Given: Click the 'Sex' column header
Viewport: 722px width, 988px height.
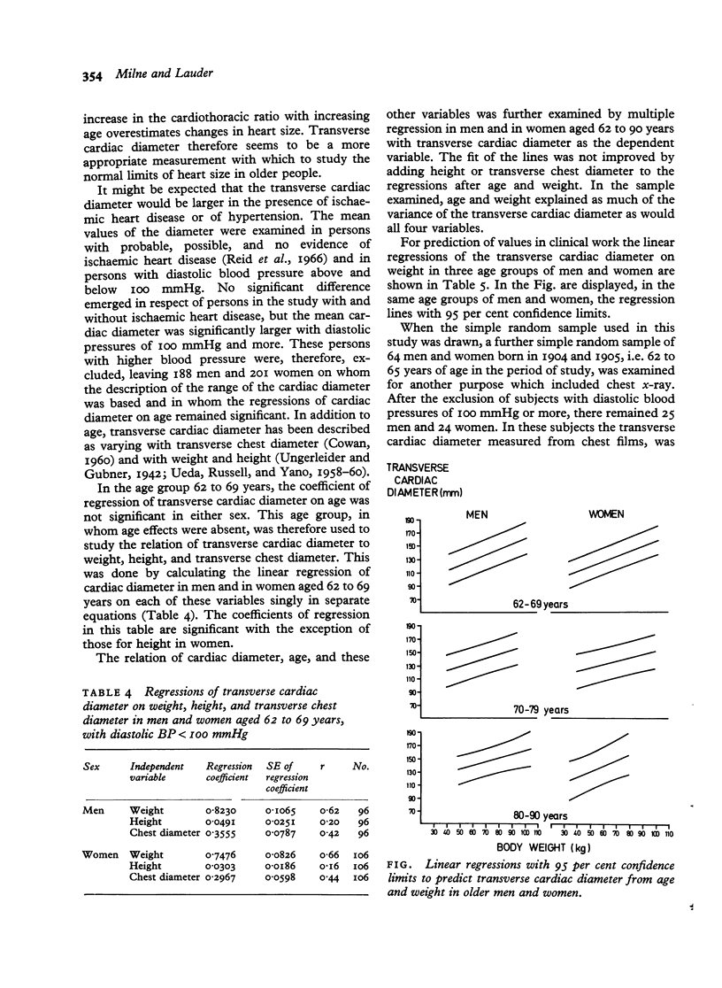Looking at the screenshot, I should pyautogui.click(x=91, y=764).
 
